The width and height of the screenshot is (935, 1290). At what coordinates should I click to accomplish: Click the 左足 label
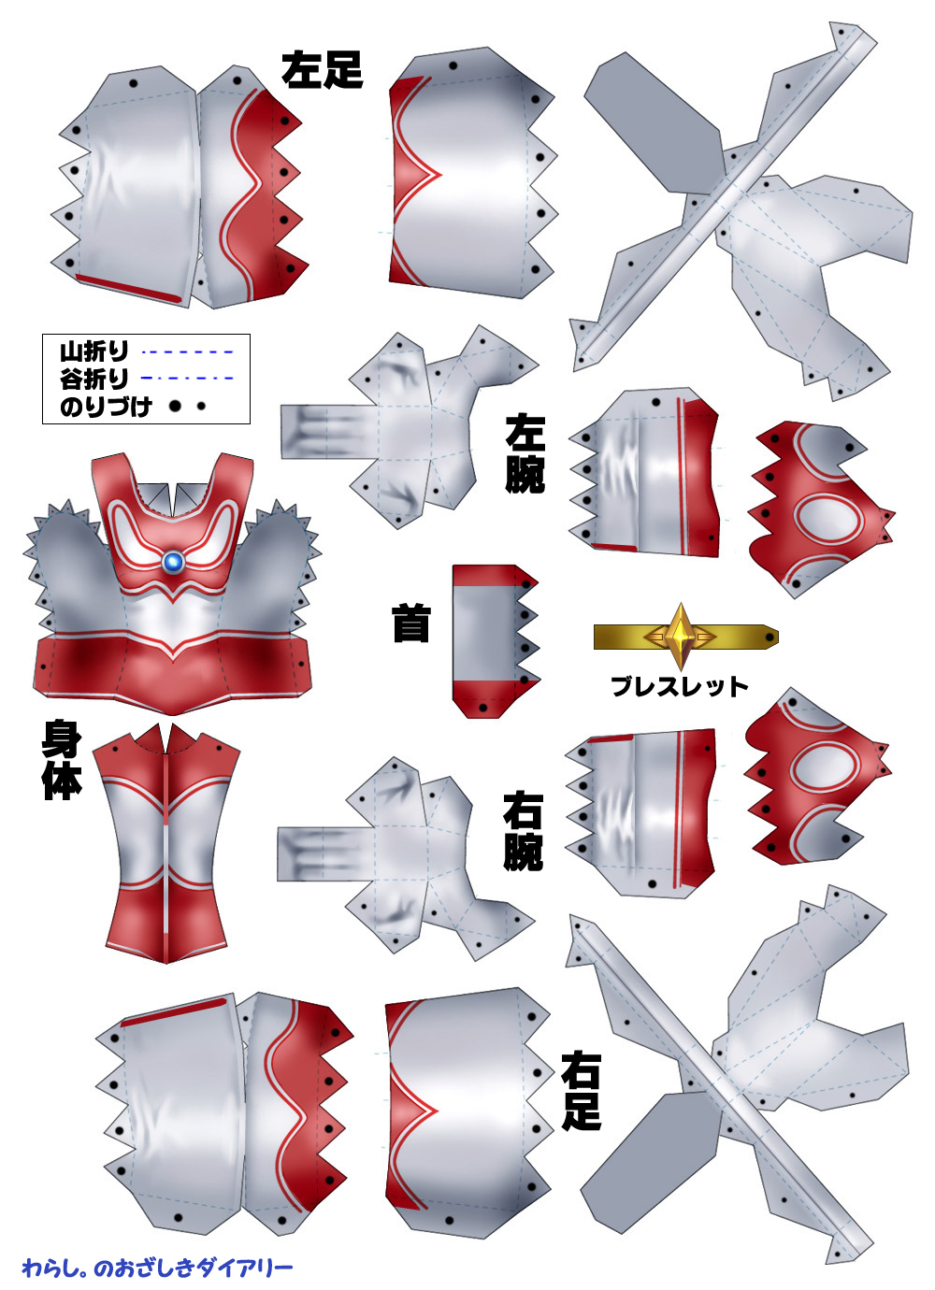click(322, 69)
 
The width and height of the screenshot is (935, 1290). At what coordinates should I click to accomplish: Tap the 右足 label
click(581, 1091)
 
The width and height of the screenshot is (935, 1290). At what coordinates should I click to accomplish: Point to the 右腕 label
click(523, 831)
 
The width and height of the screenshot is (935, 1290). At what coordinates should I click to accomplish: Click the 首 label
click(410, 623)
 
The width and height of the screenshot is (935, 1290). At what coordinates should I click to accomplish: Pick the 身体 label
click(62, 760)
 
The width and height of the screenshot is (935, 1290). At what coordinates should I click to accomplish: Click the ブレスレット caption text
click(679, 686)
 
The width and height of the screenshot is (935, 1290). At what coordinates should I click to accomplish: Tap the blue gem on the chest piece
click(173, 562)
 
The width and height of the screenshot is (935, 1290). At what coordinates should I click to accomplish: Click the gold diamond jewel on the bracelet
click(680, 637)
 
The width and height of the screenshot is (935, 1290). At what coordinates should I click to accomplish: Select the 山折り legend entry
click(94, 351)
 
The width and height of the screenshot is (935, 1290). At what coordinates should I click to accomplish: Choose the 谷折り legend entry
click(94, 379)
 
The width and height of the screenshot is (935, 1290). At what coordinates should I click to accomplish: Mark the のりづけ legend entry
click(105, 407)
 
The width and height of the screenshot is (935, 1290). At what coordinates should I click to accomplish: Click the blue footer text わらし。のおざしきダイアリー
click(157, 1268)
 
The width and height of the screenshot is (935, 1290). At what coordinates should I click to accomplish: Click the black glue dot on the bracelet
click(770, 638)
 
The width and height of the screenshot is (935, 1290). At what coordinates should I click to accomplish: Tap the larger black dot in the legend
click(175, 407)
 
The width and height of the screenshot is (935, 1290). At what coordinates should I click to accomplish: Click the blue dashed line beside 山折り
click(187, 352)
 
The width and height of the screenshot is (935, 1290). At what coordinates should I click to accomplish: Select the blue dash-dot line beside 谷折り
click(187, 379)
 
